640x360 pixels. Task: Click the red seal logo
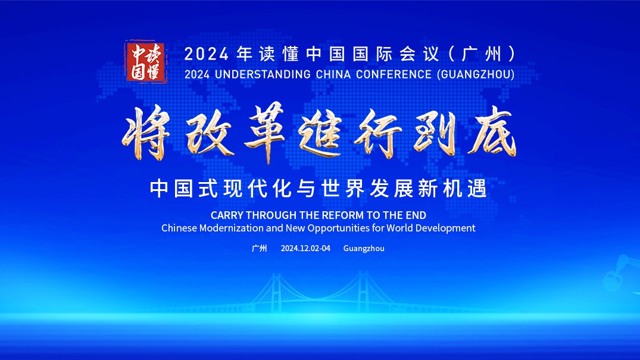coord(146,62)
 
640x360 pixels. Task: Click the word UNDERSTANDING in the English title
coord(263,74)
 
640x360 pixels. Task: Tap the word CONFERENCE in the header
coord(394,74)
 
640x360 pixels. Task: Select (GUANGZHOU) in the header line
coord(476,74)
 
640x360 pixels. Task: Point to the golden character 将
coord(146,132)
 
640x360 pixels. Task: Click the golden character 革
coord(264,132)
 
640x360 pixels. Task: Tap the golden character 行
coord(377,133)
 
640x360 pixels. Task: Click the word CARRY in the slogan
coord(227,215)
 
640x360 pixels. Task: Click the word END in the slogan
coord(416,215)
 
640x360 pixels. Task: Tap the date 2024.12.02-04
coord(305,248)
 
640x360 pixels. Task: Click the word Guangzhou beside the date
coord(364,249)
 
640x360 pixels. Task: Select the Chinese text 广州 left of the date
coord(259,248)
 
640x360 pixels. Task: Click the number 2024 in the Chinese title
coord(207,54)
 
